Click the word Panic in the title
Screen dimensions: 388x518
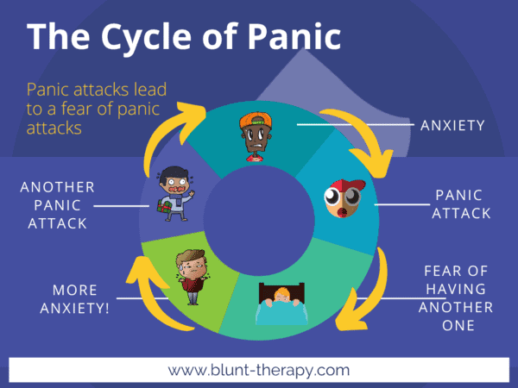(x=285, y=40)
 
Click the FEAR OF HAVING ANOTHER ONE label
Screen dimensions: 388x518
(x=458, y=298)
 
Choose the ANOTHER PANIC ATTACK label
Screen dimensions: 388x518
(x=58, y=204)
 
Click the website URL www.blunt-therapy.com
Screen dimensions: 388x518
(x=259, y=370)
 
